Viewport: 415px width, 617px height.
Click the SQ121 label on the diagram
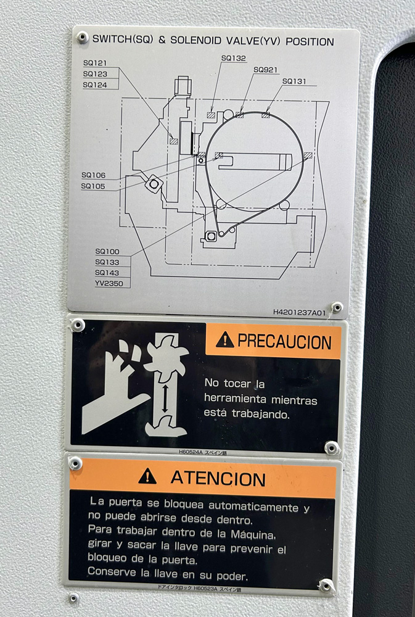pyautogui.click(x=95, y=63)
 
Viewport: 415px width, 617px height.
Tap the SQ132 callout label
pyautogui.click(x=233, y=58)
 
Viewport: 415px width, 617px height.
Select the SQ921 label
pyautogui.click(x=266, y=70)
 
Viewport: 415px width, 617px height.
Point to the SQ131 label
pyautogui.click(x=294, y=81)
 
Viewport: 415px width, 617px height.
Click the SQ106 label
pyautogui.click(x=94, y=175)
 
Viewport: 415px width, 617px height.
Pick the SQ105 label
pyautogui.click(x=93, y=186)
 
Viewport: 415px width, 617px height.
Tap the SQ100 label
pyautogui.click(x=107, y=252)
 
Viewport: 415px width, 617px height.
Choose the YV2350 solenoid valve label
pyautogui.click(x=109, y=283)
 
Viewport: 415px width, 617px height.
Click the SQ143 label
pyautogui.click(x=107, y=273)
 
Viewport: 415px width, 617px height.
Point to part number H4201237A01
pyautogui.click(x=300, y=312)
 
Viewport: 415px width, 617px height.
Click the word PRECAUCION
pyautogui.click(x=284, y=342)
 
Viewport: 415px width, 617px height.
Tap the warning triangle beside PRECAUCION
pyautogui.click(x=225, y=339)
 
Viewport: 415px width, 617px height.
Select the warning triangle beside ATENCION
pyautogui.click(x=147, y=476)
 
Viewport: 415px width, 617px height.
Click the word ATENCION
pyautogui.click(x=218, y=479)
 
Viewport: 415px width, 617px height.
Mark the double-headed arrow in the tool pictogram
pyautogui.click(x=165, y=399)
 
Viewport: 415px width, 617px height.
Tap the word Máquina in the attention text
pyautogui.click(x=253, y=535)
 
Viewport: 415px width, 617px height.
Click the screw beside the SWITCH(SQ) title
pyautogui.click(x=82, y=38)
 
